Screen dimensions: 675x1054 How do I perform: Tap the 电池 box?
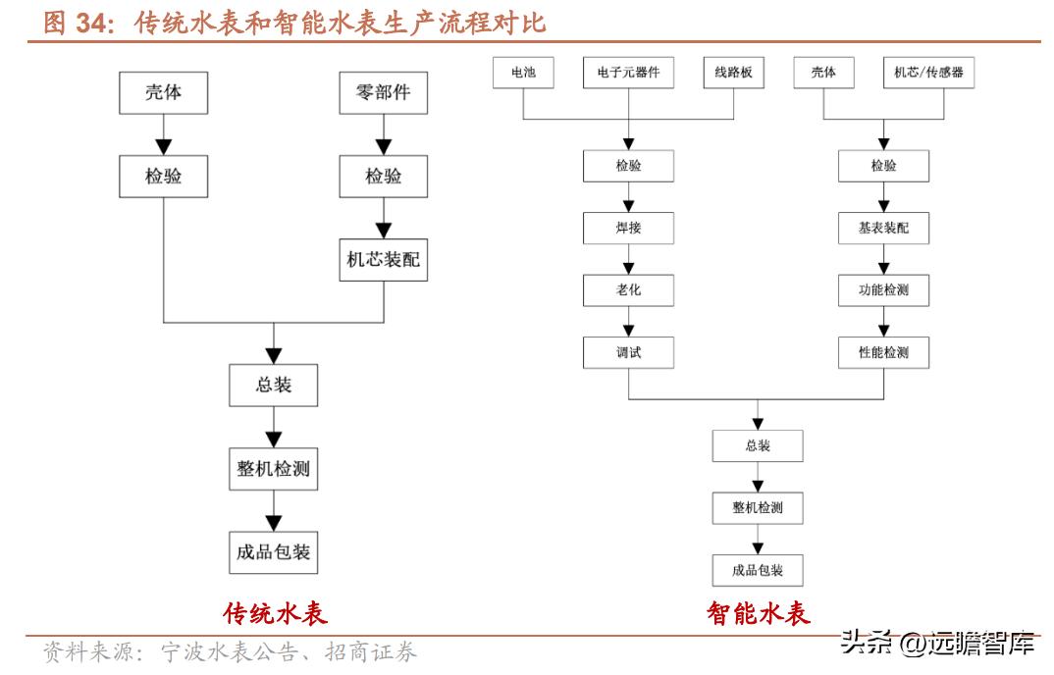click(523, 72)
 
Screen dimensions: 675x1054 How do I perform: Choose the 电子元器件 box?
click(628, 72)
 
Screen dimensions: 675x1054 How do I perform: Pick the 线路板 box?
click(733, 72)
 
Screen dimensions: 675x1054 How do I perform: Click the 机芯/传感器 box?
click(927, 72)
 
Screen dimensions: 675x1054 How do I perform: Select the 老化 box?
click(628, 289)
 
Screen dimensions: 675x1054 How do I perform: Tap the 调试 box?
click(628, 352)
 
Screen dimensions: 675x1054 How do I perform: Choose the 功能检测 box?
click(883, 289)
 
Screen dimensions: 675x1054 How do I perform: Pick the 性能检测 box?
click(883, 352)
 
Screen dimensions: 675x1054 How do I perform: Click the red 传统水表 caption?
click(275, 614)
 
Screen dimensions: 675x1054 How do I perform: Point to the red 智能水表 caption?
click(759, 614)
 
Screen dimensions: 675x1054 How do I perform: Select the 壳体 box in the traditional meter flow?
click(163, 94)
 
